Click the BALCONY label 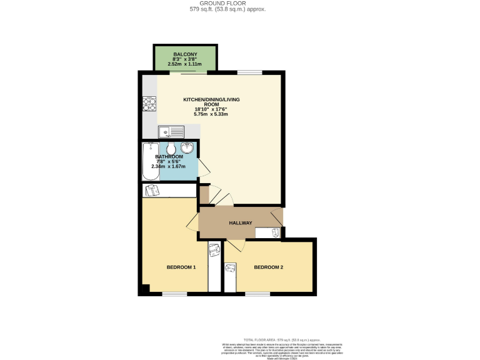point(186,54)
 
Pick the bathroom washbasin point(187,149)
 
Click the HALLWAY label point(240,223)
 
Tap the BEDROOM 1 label point(181,267)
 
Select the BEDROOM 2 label point(269,267)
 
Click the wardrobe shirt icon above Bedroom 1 point(151,191)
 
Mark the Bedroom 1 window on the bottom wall point(174,293)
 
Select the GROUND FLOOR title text point(240,4)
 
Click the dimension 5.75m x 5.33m point(211,115)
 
